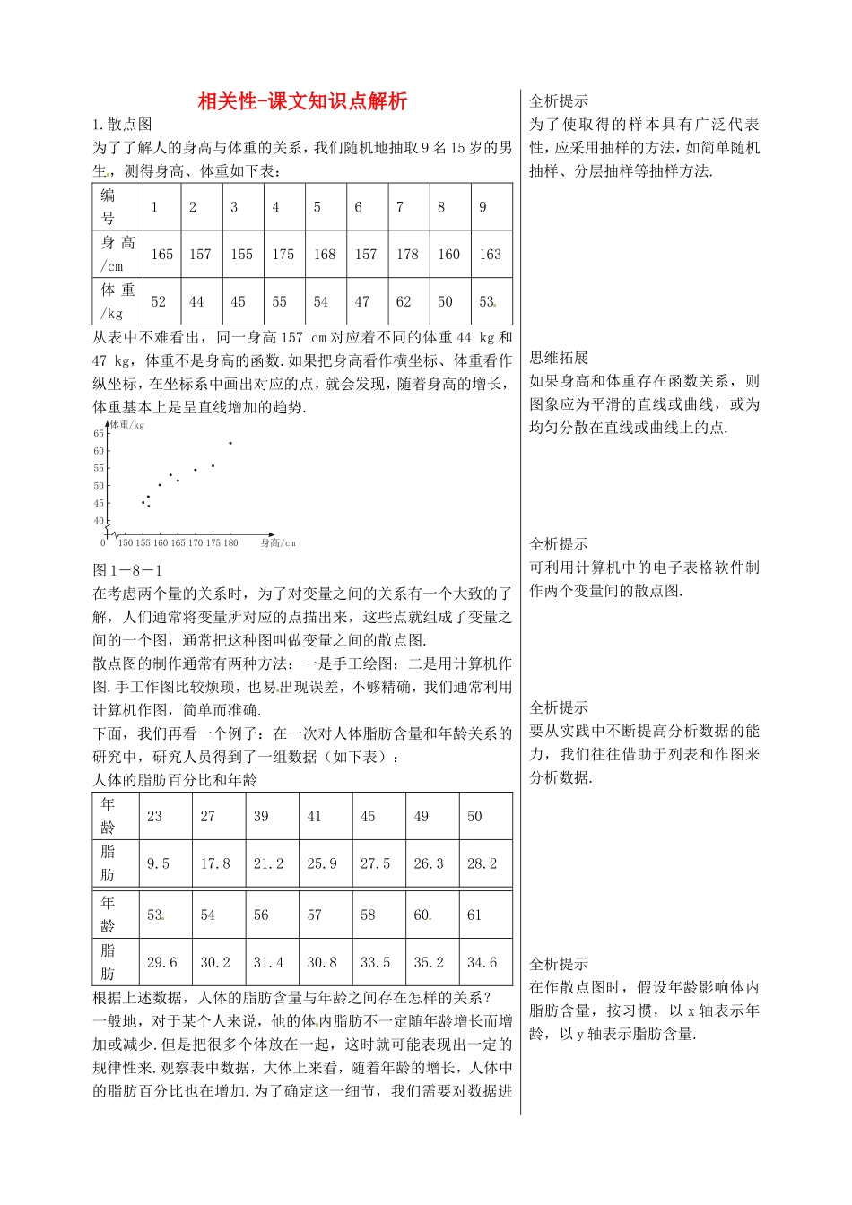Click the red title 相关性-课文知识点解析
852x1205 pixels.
tap(302, 101)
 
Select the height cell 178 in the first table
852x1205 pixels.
tap(407, 255)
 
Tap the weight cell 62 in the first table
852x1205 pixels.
tap(404, 302)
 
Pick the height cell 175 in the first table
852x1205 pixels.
tap(283, 255)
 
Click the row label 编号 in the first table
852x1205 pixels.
tap(108, 206)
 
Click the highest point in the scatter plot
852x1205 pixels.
tap(230, 443)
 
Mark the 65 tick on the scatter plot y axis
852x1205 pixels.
tap(99, 434)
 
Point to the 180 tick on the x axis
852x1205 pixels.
tap(230, 543)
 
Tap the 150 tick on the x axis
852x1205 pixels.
tap(126, 543)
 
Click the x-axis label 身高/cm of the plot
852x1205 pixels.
tap(278, 543)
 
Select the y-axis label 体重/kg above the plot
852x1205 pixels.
tap(127, 425)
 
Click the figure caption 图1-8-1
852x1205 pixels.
tap(127, 570)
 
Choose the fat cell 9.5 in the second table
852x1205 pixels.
tap(158, 863)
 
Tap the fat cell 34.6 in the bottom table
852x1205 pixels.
tap(482, 963)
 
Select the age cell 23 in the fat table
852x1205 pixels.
tap(154, 816)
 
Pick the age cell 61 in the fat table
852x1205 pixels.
tap(474, 915)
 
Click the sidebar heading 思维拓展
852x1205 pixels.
tap(559, 358)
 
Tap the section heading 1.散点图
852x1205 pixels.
tap(122, 125)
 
